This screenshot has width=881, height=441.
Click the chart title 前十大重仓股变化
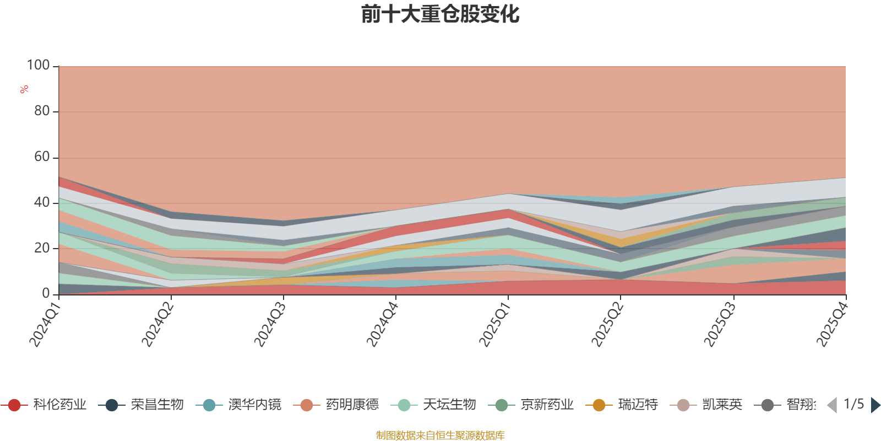pyautogui.click(x=440, y=14)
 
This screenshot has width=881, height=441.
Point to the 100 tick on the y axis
pyautogui.click(x=39, y=65)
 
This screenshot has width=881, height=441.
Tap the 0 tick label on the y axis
pyautogui.click(x=46, y=294)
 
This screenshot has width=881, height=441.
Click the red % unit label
pyautogui.click(x=24, y=89)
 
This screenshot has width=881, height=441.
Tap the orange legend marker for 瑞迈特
pyautogui.click(x=599, y=405)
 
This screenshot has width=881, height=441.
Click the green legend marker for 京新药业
pyautogui.click(x=501, y=405)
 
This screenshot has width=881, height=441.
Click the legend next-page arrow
pyautogui.click(x=875, y=405)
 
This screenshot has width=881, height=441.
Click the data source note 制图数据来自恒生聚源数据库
pyautogui.click(x=440, y=435)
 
